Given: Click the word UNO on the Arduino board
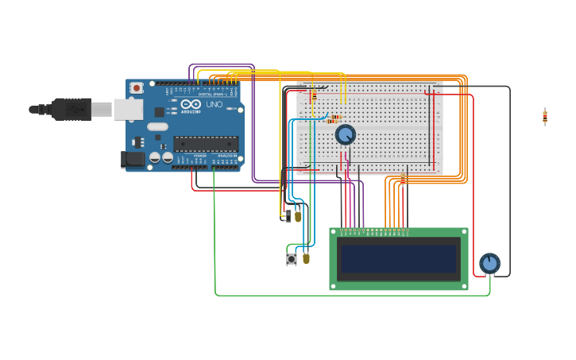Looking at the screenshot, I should pos(215,104).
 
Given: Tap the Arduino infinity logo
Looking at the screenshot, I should pos(191,103).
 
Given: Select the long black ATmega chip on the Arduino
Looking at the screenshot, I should pos(206,144).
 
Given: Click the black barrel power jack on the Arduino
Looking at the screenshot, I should pos(133,160).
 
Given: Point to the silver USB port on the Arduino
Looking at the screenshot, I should pos(127,109).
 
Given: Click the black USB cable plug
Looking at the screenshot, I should pos(72,109).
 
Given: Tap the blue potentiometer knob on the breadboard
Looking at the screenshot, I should pos(345,134).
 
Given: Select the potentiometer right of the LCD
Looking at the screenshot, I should pos(489,263).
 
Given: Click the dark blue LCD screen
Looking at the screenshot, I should pos(398,258).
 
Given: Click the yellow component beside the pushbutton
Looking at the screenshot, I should pos(306,257).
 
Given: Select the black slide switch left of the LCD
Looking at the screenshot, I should pos(287,215).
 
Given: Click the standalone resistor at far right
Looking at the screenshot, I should pos(545,116).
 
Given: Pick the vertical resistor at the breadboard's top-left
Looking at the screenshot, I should pos(314,95).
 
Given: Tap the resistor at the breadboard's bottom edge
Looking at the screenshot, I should pos(403,178).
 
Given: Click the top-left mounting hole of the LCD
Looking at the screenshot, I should pos(334,232).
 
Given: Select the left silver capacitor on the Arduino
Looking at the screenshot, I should pos(155,157).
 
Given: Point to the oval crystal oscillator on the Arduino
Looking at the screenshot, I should pos(158,126).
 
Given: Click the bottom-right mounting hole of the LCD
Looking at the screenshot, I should pos(464,285).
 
